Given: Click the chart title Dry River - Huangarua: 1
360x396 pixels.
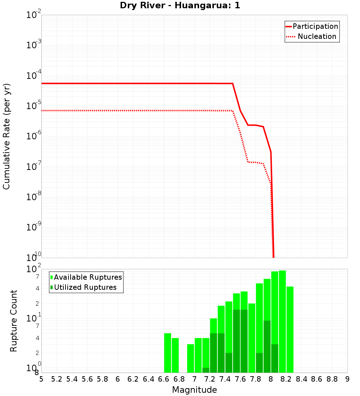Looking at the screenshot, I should point(180,5).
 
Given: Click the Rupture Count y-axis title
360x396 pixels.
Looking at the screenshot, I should point(14,320).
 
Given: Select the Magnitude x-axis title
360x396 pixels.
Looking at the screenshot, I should point(194,390).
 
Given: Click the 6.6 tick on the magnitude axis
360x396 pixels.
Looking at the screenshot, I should point(164,379).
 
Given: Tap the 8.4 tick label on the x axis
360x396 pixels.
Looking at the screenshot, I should point(302,379).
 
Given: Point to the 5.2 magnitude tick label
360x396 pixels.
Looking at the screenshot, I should point(57,379).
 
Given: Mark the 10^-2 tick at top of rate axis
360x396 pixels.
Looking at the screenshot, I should point(34,15).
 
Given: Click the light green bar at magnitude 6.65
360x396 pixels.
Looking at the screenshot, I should point(167,353).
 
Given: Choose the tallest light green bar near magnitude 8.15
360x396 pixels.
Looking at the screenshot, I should point(282,320).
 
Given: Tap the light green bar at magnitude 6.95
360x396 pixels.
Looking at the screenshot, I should point(190,358).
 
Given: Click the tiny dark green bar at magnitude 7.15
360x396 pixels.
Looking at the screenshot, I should point(206,370).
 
